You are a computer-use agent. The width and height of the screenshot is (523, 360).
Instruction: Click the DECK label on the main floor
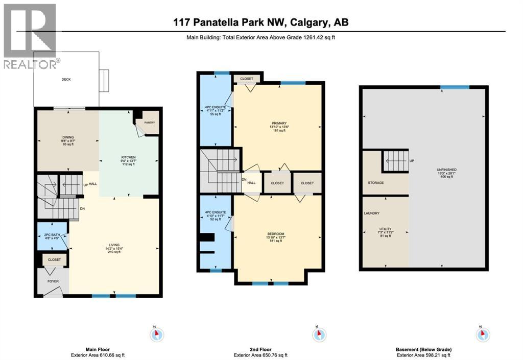[66, 80]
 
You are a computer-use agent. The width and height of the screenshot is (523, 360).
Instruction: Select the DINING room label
[68, 136]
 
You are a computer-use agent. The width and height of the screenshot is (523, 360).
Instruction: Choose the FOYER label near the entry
[53, 281]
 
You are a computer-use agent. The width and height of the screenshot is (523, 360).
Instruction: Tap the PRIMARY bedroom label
[279, 123]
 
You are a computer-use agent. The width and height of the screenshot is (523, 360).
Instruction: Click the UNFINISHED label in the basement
[447, 169]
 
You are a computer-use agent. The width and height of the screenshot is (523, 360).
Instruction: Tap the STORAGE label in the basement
[376, 182]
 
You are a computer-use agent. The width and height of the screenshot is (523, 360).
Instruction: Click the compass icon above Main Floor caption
[157, 334]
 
